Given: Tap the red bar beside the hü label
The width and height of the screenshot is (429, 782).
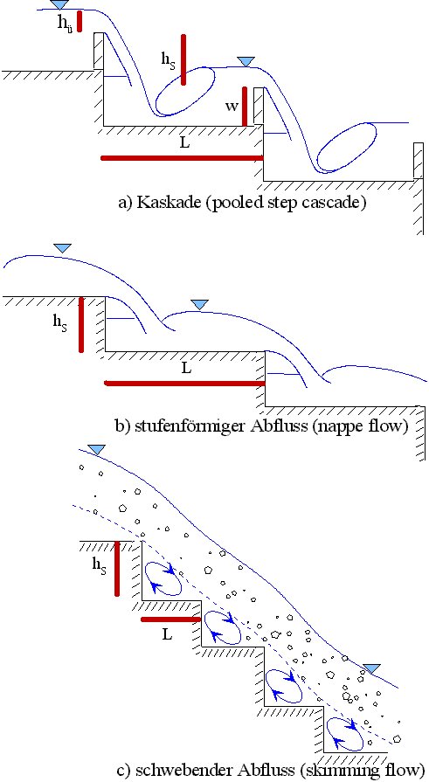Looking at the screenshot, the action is pyautogui.click(x=80, y=21).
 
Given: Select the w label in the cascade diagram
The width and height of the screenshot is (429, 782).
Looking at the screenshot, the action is pyautogui.click(x=231, y=107).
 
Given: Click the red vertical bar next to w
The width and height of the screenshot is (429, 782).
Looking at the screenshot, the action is pyautogui.click(x=245, y=107).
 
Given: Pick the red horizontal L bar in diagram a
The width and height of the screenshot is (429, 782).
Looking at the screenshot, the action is pyautogui.click(x=182, y=158).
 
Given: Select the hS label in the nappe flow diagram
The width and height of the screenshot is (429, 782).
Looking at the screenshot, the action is pyautogui.click(x=60, y=321).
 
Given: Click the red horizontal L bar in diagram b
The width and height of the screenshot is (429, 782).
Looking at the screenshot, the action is pyautogui.click(x=184, y=383).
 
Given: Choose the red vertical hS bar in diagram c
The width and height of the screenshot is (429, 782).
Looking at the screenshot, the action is pyautogui.click(x=117, y=568).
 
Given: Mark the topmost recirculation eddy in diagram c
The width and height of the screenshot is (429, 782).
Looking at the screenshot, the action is pyautogui.click(x=163, y=578).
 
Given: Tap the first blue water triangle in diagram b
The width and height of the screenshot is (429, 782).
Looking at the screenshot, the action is pyautogui.click(x=62, y=248).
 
